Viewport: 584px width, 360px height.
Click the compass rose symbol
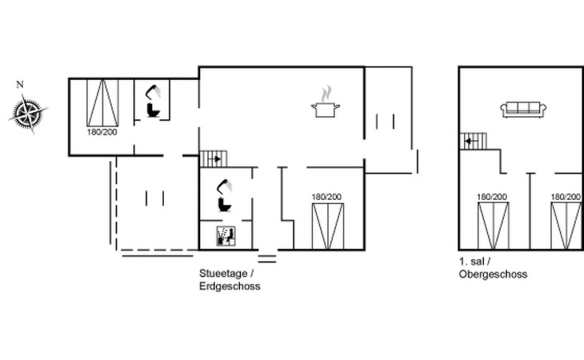(28, 113)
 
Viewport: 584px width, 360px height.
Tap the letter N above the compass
(20, 85)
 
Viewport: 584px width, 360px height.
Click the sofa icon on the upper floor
(523, 110)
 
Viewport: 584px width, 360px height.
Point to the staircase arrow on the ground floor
(216, 159)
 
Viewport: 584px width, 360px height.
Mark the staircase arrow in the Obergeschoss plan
(470, 141)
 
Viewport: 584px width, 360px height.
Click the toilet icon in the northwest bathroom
(154, 110)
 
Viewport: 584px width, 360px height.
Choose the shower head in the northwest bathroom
(153, 91)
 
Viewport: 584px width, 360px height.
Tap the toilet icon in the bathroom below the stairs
(225, 204)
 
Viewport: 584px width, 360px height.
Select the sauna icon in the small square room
(226, 236)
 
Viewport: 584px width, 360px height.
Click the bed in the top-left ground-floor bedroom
(102, 102)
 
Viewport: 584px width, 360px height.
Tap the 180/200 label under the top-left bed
(102, 132)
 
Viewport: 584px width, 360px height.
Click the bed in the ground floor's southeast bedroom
(328, 226)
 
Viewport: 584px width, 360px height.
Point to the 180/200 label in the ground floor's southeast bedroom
(326, 197)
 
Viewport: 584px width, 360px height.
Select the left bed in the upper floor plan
(494, 226)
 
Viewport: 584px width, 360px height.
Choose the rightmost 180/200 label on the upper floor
(566, 197)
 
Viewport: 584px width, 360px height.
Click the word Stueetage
(223, 274)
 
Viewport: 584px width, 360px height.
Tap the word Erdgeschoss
(230, 286)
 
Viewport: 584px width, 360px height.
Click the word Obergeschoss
(493, 274)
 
